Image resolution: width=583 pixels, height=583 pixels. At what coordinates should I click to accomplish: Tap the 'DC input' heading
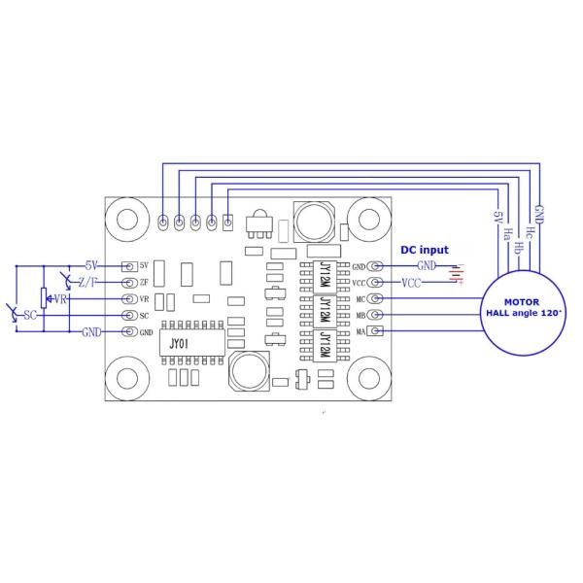[425, 250]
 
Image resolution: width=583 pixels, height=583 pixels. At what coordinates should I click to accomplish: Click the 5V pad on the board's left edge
[128, 265]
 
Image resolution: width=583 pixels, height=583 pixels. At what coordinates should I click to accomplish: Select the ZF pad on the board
[128, 282]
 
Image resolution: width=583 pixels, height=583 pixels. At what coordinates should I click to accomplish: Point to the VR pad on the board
[128, 298]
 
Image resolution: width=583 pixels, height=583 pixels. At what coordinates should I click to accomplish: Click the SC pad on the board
[128, 315]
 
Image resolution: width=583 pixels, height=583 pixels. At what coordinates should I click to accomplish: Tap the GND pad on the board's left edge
[128, 332]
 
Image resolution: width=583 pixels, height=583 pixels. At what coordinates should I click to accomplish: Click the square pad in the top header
[228, 223]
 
